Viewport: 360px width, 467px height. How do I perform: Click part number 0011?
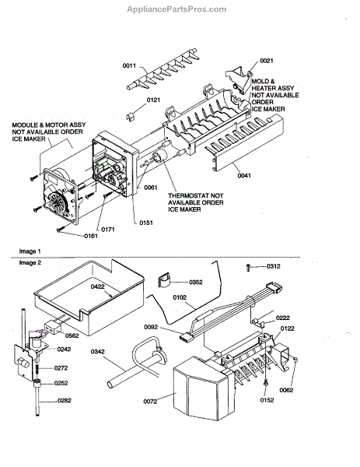[129, 65]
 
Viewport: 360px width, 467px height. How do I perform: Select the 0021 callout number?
[267, 61]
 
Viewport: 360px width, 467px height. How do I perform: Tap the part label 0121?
[153, 100]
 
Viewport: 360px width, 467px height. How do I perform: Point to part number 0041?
[244, 176]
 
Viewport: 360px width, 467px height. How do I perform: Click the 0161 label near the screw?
[91, 236]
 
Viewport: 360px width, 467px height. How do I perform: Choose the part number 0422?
[98, 286]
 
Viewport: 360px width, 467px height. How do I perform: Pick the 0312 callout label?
[273, 266]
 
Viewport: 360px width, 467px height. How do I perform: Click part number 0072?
[150, 402]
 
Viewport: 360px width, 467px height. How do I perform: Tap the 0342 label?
[98, 352]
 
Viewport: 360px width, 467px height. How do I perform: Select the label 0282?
[65, 401]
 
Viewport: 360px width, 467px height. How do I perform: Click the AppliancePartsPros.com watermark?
[177, 9]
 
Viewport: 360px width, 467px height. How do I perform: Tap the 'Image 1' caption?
[30, 251]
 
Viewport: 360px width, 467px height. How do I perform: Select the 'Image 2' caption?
[30, 263]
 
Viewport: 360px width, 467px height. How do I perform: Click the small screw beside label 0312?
[249, 267]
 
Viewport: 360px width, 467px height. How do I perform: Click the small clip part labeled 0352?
[163, 279]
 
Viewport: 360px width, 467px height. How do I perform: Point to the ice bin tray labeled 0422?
[89, 298]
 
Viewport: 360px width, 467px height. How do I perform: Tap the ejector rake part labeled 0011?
[163, 69]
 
